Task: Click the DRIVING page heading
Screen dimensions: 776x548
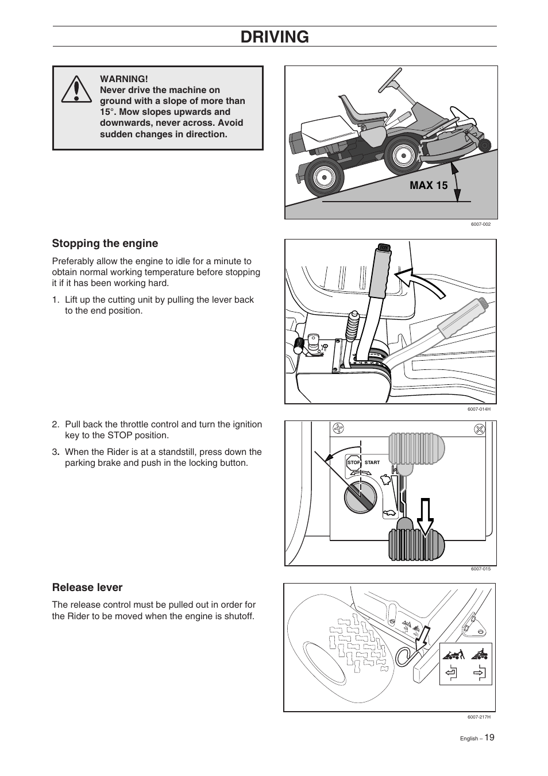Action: pyautogui.click(x=275, y=37)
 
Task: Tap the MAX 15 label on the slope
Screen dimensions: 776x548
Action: pyautogui.click(x=429, y=185)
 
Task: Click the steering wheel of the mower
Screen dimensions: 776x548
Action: pyautogui.click(x=391, y=79)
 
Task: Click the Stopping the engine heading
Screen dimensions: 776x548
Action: pyautogui.click(x=105, y=243)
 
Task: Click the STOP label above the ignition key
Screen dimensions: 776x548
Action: pyautogui.click(x=353, y=462)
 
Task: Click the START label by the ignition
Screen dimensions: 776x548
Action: pyautogui.click(x=372, y=462)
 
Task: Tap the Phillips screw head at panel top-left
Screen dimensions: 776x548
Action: pyautogui.click(x=339, y=428)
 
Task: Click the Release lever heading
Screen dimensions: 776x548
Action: pyautogui.click(x=87, y=587)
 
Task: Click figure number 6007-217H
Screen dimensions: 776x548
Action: pyautogui.click(x=478, y=717)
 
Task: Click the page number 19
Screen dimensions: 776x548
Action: pyautogui.click(x=488, y=738)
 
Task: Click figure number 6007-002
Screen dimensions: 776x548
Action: pyautogui.click(x=480, y=224)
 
